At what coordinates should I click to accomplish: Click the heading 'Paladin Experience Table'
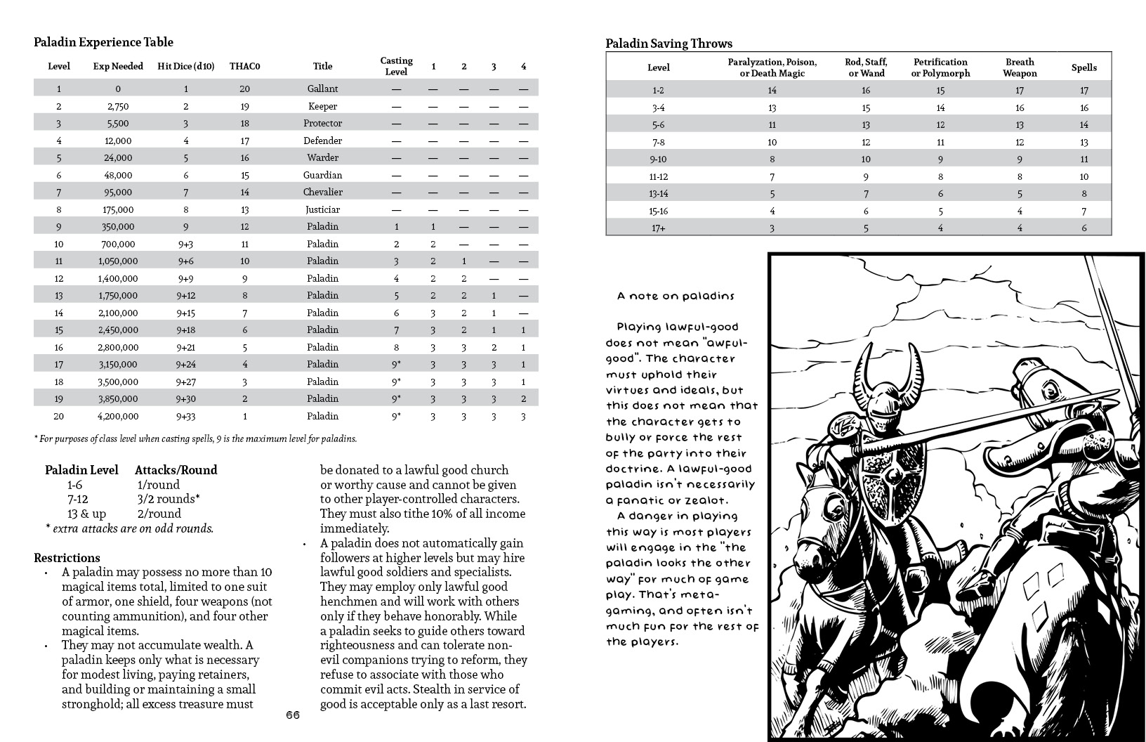tap(103, 42)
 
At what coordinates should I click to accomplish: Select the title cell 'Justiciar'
tap(322, 209)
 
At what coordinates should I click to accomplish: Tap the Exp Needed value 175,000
tap(117, 209)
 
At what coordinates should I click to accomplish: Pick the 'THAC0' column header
tap(244, 67)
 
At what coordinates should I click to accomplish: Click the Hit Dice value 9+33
tap(186, 416)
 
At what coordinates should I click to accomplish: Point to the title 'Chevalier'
tap(322, 192)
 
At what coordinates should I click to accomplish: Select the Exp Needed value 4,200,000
tap(117, 416)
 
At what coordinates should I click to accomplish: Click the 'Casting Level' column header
tap(396, 66)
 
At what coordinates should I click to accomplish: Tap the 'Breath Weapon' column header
tap(1020, 67)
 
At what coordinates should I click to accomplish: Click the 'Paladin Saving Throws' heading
tap(668, 44)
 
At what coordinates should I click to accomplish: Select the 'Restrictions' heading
tap(67, 558)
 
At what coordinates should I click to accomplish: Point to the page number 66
tap(293, 715)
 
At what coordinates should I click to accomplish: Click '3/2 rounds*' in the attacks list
tap(169, 499)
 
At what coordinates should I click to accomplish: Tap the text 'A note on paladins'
tap(676, 296)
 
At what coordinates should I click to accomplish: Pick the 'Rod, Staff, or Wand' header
tap(866, 67)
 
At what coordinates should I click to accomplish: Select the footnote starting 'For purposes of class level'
tap(196, 439)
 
